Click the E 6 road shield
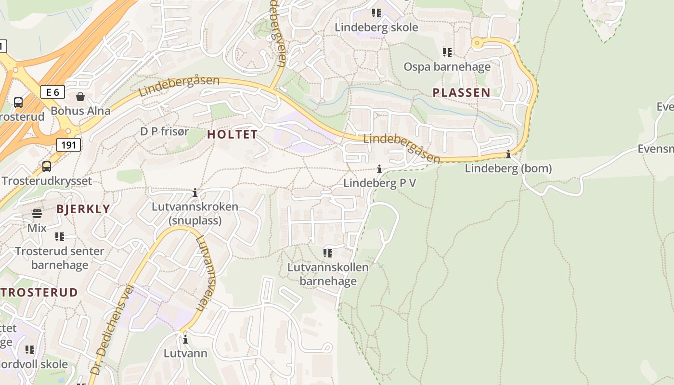tap(52, 92)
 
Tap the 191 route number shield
tap(68, 144)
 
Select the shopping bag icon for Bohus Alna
tap(80, 97)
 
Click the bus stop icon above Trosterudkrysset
tap(47, 167)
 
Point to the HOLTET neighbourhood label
tap(233, 135)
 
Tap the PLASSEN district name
tap(461, 92)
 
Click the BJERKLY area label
tap(83, 209)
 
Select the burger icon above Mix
tap(37, 214)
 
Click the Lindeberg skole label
tap(376, 27)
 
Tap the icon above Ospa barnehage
tap(447, 52)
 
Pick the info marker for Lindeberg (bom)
tap(508, 154)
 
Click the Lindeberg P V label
tap(379, 183)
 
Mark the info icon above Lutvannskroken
tap(195, 193)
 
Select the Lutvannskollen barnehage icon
tap(328, 253)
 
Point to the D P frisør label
tap(165, 131)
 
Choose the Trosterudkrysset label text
tap(47, 181)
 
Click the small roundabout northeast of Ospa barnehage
tap(477, 43)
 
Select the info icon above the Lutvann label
tap(185, 340)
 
